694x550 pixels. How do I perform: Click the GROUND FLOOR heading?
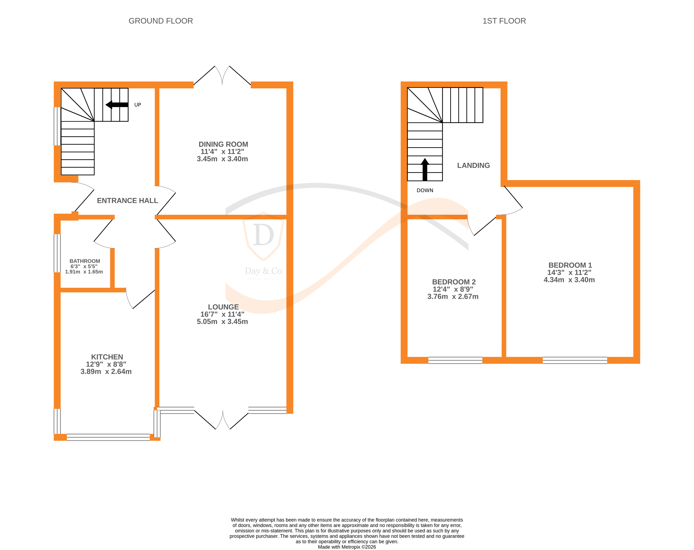161,21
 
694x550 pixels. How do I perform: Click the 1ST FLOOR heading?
504,21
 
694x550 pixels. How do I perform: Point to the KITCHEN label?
107,357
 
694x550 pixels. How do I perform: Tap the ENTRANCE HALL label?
127,201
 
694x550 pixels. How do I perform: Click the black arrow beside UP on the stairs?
117,105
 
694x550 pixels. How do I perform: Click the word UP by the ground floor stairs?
138,105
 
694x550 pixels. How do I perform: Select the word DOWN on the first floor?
425,190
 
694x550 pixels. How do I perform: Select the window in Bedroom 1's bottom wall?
575,360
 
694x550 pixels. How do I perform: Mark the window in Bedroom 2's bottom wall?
455,360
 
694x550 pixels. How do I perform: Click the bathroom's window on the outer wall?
57,253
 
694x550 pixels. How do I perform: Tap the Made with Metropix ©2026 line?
347,547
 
